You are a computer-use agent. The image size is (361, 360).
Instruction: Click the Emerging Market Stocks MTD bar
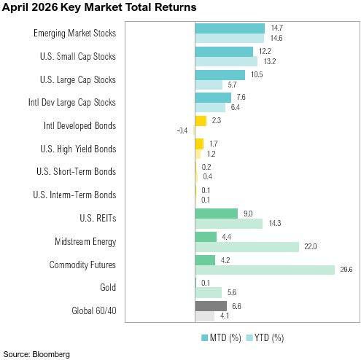pos(230,28)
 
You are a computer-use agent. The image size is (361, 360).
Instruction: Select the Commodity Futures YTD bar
pos(265,270)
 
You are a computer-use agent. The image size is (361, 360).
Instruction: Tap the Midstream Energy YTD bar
pos(247,247)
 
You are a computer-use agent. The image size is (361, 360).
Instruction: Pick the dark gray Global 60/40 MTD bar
pos(211,306)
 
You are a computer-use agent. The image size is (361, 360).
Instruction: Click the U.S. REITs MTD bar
pos(217,214)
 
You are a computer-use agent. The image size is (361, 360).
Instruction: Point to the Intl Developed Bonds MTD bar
pos(201,121)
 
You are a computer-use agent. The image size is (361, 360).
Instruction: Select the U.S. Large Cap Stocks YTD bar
pos(209,85)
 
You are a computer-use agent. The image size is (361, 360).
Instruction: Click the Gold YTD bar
pos(209,293)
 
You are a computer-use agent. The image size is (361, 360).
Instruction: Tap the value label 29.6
pos(346,270)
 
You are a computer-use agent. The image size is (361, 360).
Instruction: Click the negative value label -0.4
pos(182,130)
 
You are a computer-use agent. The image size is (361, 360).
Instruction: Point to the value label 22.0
pos(311,246)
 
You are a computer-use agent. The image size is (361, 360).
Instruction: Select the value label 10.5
pos(257,74)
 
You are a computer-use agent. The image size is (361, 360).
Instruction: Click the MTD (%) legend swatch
pos(205,337)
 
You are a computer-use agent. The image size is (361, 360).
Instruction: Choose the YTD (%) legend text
pos(269,338)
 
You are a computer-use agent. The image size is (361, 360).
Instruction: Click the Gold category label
pos(108,287)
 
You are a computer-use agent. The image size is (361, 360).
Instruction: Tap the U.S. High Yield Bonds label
pos(78,149)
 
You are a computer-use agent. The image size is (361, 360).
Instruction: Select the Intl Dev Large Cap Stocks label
pos(72,103)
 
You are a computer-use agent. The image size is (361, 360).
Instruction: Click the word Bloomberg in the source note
pos(51,354)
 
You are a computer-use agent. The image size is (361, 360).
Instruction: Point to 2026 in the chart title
pos(44,7)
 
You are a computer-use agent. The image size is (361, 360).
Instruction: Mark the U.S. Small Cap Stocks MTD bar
pos(224,52)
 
